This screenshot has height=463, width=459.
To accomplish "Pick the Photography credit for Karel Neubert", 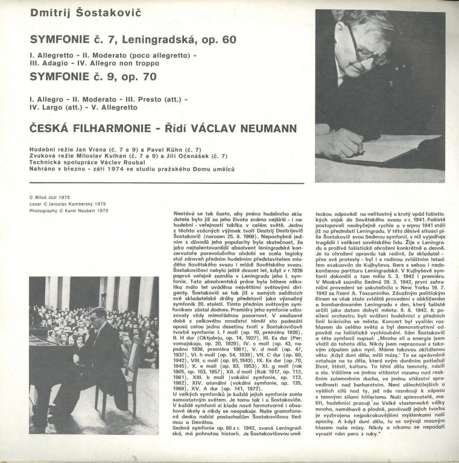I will pyautogui.click(x=68, y=210).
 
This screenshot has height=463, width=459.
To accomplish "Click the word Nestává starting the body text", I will pyautogui.click(x=185, y=214).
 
